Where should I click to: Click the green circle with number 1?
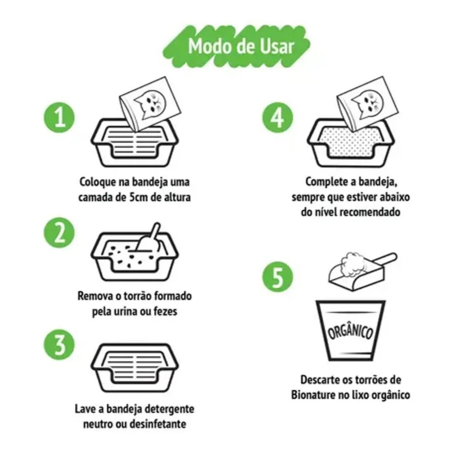(59, 117)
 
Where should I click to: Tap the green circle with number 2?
(59, 233)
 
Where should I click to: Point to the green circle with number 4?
(278, 117)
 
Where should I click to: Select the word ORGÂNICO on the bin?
(350, 331)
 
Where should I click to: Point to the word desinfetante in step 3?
(158, 424)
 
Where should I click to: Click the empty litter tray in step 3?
(135, 368)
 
